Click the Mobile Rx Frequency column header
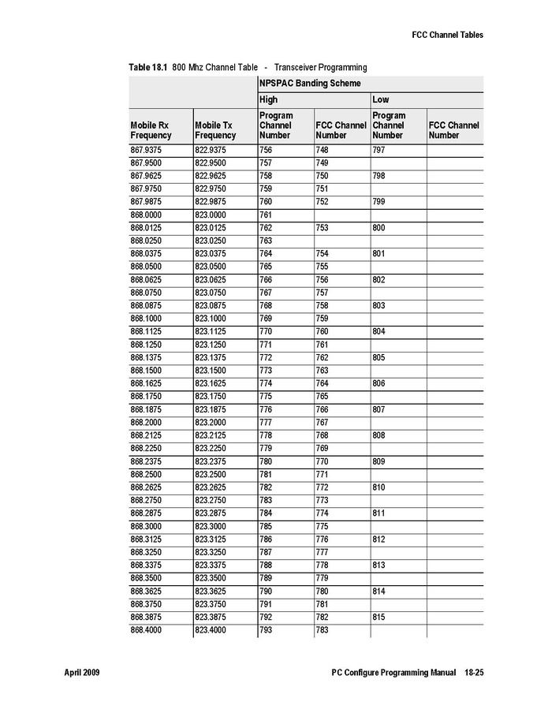point(151,130)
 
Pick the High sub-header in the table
point(268,100)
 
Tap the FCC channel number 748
point(322,150)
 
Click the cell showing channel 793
point(267,630)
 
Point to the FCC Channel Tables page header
point(448,35)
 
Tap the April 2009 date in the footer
point(81,674)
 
